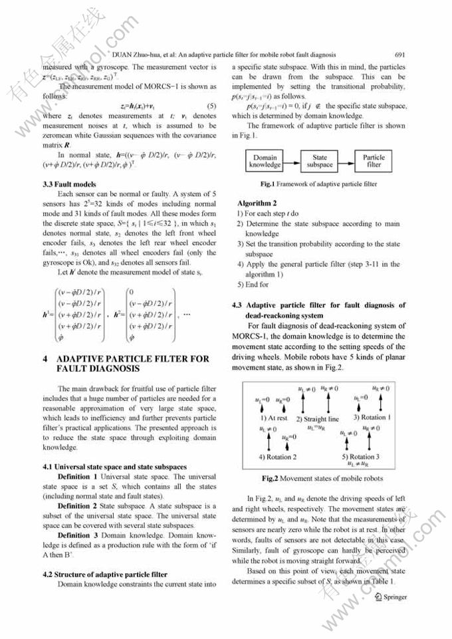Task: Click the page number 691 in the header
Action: coord(399,55)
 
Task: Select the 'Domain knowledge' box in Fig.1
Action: coord(265,160)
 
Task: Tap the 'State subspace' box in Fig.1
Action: coord(319,160)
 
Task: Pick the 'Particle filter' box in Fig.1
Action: coord(374,160)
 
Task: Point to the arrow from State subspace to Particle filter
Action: coord(346,160)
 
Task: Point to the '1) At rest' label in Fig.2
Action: coord(274,418)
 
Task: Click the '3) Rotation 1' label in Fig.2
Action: coord(372,417)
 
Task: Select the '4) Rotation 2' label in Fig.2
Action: coord(278,457)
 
